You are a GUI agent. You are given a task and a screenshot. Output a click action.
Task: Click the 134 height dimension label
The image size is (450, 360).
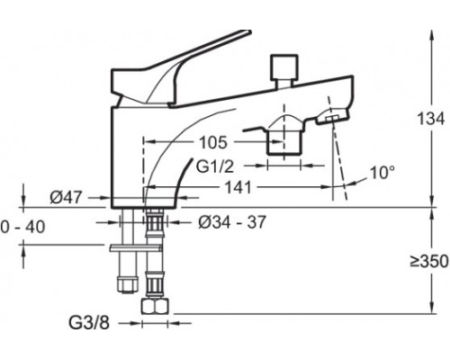coord(431,119)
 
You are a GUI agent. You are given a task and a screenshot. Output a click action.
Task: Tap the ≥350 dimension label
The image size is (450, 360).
coord(429,261)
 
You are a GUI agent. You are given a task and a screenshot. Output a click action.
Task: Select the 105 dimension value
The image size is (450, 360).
coord(213,142)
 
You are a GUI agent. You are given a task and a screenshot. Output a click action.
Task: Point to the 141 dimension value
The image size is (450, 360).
coord(238,187)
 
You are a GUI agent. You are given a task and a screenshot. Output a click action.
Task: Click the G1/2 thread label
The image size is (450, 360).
coord(214,166)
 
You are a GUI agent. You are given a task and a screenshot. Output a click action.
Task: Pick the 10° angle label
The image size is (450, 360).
coord(382,173)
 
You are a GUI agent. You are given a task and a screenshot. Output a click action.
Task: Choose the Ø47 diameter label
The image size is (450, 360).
coord(66,197)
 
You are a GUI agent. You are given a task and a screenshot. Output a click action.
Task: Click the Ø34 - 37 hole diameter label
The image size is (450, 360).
coord(232,222)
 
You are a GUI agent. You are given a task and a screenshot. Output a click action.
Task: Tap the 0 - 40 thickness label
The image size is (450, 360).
coord(22,227)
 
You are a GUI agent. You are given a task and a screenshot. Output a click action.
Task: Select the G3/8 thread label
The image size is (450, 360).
coord(89,323)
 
